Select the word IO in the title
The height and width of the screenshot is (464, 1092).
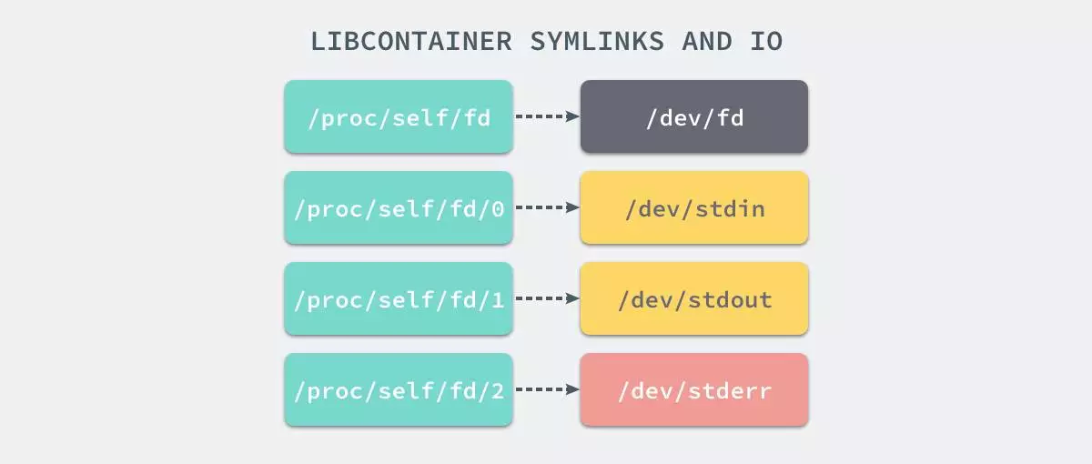765,42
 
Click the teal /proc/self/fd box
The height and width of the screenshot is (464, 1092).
399,116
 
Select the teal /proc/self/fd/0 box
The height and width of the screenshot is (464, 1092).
399,207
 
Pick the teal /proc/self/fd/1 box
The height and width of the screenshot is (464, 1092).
399,298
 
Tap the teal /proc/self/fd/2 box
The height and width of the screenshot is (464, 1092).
399,389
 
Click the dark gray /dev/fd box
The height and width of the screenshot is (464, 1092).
693,116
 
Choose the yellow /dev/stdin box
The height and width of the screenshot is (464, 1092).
693,207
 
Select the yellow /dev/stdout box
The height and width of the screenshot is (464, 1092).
693,298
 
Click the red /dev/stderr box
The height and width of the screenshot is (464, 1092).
693,389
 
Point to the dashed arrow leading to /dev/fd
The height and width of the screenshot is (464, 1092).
547,116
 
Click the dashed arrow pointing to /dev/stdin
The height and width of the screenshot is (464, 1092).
547,207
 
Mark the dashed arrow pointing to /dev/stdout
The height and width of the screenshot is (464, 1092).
547,298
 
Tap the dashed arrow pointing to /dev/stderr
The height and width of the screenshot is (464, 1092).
547,389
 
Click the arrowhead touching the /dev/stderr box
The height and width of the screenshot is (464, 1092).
573,389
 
